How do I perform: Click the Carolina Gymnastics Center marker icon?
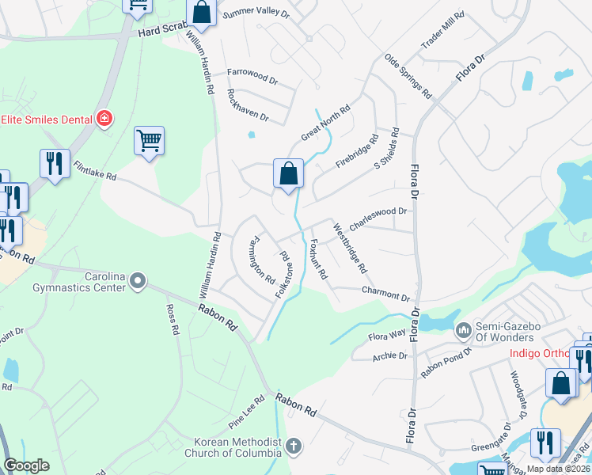click(x=139, y=280)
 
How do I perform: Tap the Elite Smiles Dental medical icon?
click(x=103, y=119)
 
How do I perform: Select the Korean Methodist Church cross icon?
click(x=294, y=446)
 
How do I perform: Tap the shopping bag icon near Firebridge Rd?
click(x=288, y=173)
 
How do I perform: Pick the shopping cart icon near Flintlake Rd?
click(x=149, y=142)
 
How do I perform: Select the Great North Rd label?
click(x=325, y=124)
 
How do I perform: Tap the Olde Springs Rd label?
click(x=408, y=76)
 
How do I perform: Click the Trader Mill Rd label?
click(x=442, y=32)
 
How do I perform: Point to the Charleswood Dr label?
click(x=378, y=218)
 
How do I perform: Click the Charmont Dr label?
click(x=385, y=294)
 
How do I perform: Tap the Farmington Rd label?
click(x=261, y=260)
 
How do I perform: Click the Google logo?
click(x=26, y=465)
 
